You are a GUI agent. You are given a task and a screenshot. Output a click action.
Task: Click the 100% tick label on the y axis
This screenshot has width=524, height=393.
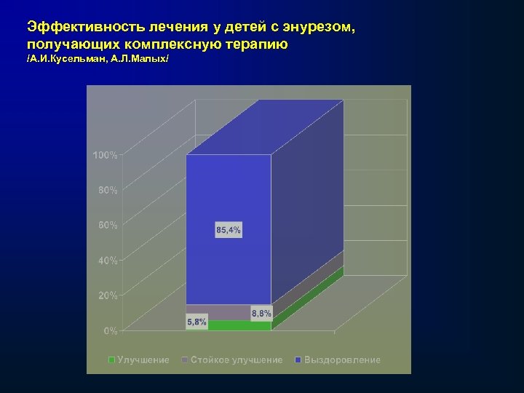105,155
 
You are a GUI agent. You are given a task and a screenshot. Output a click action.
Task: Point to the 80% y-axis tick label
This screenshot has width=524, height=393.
107,190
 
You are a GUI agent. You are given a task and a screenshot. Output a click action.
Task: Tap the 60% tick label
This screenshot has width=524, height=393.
107,225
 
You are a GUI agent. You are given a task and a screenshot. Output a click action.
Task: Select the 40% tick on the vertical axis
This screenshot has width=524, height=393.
107,261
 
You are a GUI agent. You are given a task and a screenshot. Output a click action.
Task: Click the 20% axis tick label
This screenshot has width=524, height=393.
107,295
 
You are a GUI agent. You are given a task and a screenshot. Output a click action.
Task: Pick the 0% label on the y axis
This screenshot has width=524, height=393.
110,331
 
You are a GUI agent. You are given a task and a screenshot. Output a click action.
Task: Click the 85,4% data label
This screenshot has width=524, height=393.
229,230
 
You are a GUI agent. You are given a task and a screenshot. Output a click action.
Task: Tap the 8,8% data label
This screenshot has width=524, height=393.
261,314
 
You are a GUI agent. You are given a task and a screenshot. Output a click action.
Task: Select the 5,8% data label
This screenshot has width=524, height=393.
196,321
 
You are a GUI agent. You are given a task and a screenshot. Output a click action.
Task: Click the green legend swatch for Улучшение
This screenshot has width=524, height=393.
111,360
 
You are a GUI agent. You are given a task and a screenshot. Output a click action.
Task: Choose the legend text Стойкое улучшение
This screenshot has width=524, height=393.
237,360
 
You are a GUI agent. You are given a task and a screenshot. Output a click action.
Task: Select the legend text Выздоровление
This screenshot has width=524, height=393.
342,360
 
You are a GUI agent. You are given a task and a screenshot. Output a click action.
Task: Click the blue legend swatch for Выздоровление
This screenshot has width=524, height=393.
298,360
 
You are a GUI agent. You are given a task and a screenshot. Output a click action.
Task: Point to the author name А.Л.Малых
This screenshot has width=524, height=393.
140,60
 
